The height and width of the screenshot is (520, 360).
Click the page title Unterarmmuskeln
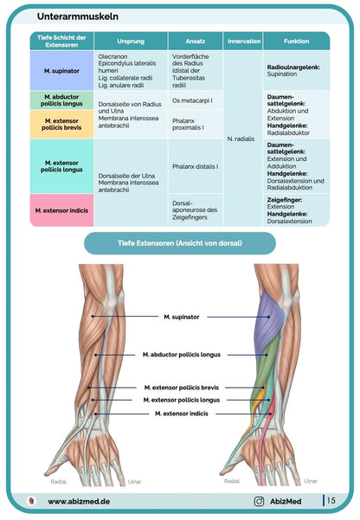coord(79,16)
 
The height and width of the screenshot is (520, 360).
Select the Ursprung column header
coord(130,41)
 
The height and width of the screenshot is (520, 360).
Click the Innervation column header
coord(243,41)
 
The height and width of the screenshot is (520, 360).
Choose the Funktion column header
coord(296,41)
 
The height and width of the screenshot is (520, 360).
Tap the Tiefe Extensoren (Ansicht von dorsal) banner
coord(179,243)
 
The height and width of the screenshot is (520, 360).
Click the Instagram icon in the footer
coord(259,500)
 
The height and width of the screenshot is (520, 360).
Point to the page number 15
coord(332,500)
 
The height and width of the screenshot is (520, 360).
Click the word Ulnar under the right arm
coord(311,480)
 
